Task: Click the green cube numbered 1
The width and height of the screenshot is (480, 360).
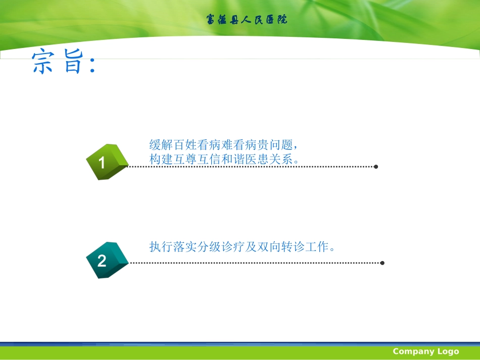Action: click(107, 162)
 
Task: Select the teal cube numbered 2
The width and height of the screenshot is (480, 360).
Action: click(107, 260)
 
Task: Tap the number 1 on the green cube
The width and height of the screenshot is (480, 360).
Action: click(102, 163)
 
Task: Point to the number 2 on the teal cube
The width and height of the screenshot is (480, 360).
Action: click(102, 261)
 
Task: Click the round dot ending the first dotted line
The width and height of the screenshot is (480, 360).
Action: click(376, 166)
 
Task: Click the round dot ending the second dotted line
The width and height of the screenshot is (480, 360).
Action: click(382, 263)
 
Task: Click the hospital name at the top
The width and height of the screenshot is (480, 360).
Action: click(247, 20)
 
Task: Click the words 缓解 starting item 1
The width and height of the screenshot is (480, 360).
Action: click(161, 144)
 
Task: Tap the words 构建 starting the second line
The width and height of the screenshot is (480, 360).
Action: click(161, 159)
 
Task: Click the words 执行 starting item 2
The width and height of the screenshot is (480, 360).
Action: click(161, 247)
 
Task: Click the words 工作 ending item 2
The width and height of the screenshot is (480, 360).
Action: click(322, 247)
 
